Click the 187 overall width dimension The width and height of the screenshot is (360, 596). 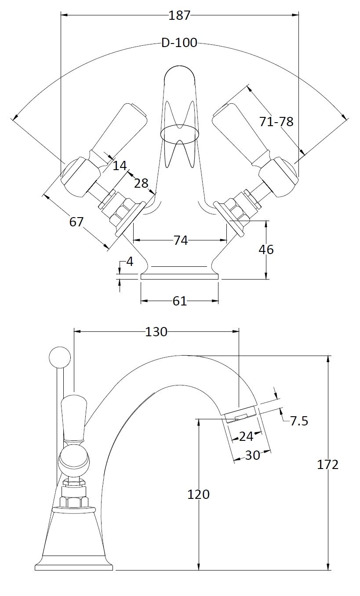point(179,15)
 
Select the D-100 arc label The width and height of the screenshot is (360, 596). point(179,43)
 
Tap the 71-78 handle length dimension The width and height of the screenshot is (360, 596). point(276,121)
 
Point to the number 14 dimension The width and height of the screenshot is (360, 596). point(120,166)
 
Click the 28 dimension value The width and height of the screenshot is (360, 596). point(141,183)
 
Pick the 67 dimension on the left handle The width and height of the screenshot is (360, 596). point(76,222)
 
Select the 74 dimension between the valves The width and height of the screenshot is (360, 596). point(181,240)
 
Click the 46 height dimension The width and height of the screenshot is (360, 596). point(266,249)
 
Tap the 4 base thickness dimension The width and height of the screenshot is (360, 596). point(130,262)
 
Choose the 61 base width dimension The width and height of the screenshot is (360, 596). point(179,301)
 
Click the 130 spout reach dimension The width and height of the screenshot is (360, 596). point(156,332)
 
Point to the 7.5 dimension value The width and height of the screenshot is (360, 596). point(299,421)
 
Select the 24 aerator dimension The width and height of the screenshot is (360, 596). point(246,436)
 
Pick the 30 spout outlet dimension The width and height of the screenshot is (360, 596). point(252,455)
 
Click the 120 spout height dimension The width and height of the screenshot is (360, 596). point(199,494)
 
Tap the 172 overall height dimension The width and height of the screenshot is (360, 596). point(328,464)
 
